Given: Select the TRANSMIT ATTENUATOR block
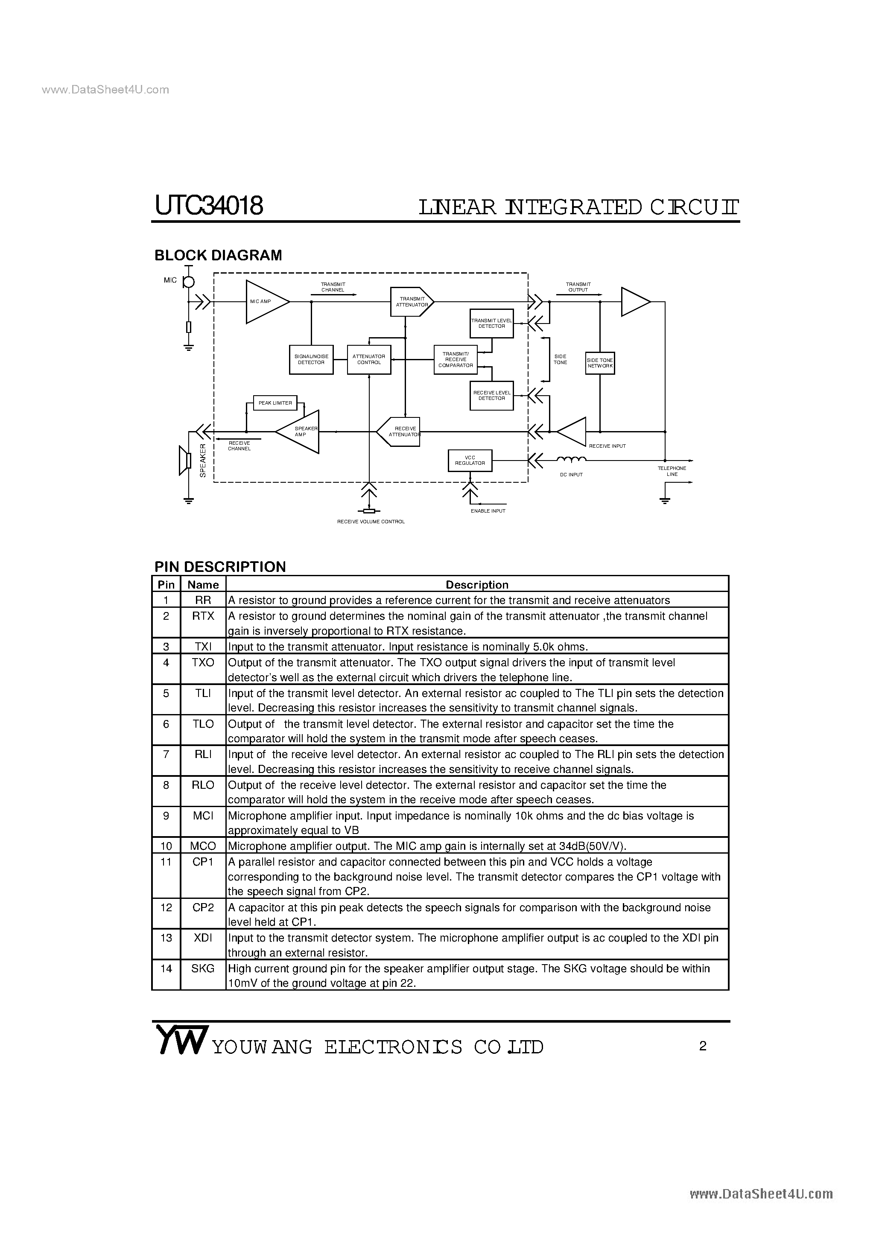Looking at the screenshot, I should click(412, 302).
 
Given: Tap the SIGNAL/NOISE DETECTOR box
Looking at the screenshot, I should click(311, 359).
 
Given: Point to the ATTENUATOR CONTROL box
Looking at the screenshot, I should click(369, 359).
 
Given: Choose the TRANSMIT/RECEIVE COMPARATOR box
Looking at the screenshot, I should click(455, 359).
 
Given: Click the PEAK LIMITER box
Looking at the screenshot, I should click(275, 403).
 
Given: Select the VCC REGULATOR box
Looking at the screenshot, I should click(470, 461).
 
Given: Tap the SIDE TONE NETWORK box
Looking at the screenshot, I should click(600, 363).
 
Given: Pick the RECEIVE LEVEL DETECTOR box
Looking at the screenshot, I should click(491, 395).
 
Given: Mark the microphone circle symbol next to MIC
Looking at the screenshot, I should click(189, 282).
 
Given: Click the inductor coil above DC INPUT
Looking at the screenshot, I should click(570, 459).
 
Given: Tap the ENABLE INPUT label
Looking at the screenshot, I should click(488, 511).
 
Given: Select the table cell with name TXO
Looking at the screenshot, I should click(203, 662).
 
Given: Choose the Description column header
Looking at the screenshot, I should click(477, 585).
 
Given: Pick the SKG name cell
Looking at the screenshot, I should click(203, 968).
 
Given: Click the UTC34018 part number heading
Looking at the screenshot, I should click(209, 207).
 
